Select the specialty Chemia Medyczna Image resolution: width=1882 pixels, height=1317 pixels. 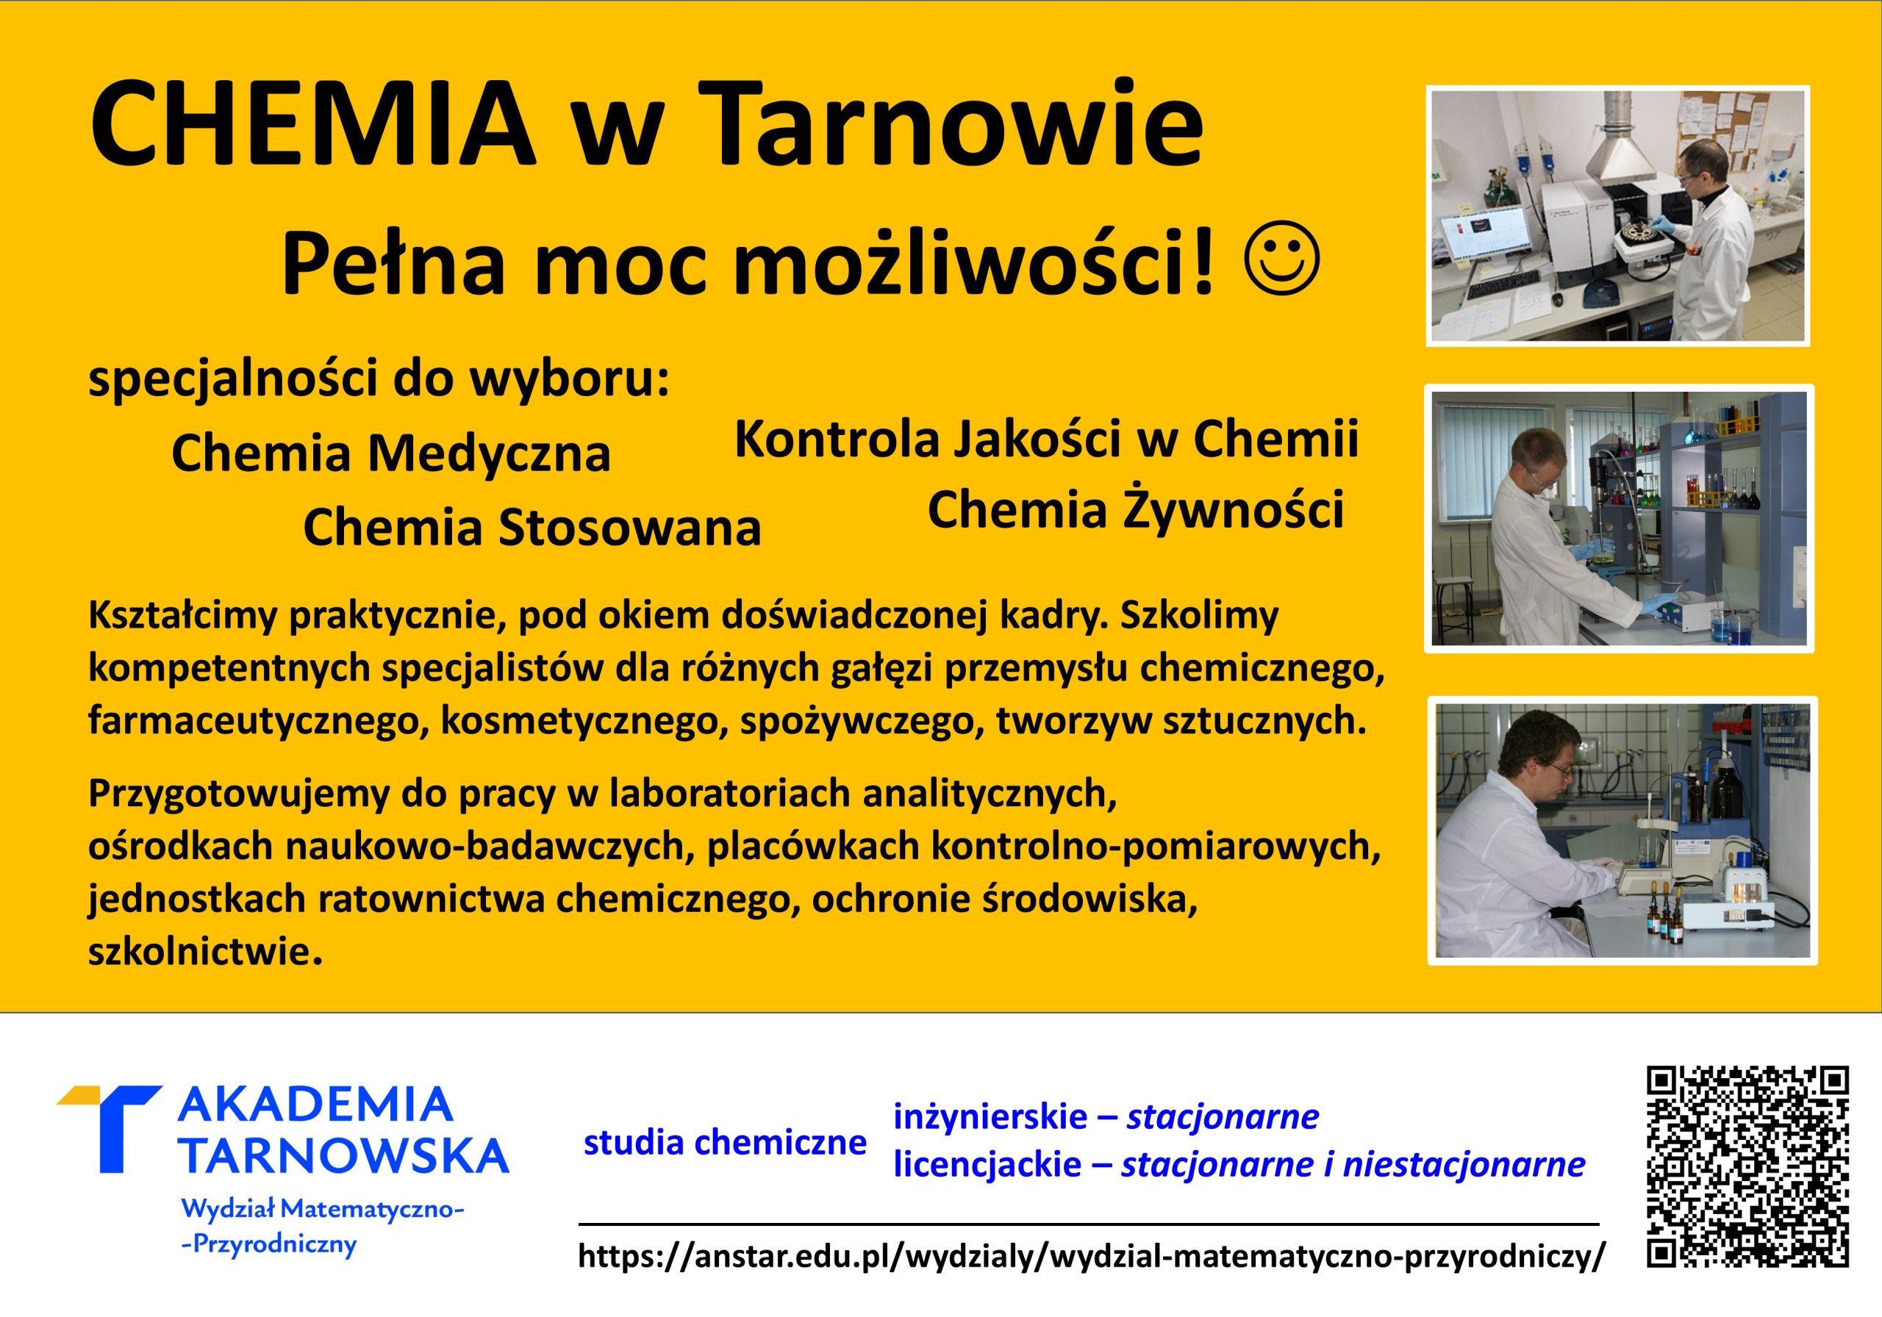391,453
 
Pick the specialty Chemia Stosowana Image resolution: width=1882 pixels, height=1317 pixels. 532,527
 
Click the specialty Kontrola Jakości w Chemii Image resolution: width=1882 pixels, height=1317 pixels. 1047,439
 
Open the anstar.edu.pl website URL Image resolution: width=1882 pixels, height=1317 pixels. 1089,1255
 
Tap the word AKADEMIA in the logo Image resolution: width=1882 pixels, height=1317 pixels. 315,1105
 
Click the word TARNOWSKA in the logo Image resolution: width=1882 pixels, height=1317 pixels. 343,1155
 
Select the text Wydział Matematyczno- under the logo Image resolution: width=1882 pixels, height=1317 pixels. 323,1208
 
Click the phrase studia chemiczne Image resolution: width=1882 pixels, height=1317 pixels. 725,1141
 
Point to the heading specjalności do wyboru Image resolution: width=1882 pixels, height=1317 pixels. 379,379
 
